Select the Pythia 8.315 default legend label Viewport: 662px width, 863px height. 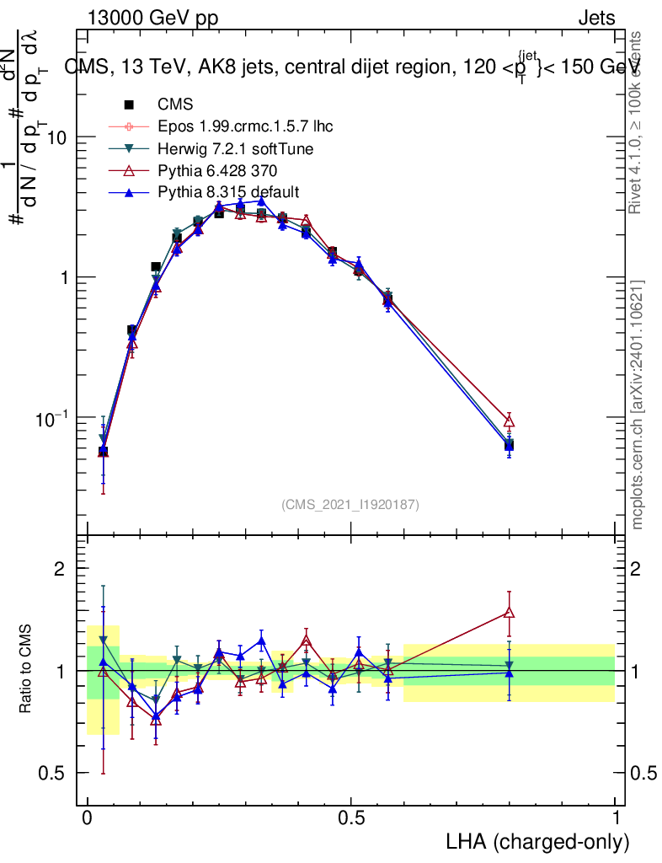(x=227, y=191)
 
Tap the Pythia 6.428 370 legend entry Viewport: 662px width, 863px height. (x=218, y=170)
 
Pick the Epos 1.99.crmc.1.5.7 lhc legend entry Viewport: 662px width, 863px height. (x=245, y=127)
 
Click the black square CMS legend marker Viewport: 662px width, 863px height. (x=129, y=105)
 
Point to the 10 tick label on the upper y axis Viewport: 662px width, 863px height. (x=56, y=137)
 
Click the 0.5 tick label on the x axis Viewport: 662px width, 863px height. (x=351, y=818)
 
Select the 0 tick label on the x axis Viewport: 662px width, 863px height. (x=87, y=818)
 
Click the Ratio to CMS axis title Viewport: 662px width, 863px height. (x=25, y=670)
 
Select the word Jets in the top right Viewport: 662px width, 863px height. (x=596, y=18)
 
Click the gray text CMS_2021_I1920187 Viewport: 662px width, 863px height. (x=350, y=504)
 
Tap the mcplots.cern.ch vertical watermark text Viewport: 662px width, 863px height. (x=638, y=405)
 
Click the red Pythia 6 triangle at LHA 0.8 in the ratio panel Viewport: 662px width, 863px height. (x=509, y=613)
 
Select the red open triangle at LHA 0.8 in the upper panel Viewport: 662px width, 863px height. (x=509, y=421)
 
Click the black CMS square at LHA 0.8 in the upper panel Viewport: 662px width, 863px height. (x=509, y=445)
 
